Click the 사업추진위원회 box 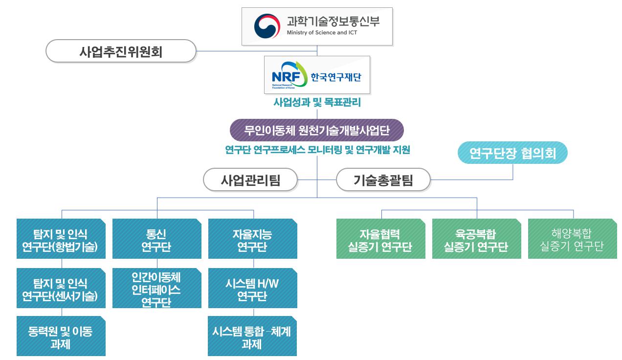121,51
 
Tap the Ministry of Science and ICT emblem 267,26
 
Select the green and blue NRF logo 289,75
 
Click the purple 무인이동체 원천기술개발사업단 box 317,131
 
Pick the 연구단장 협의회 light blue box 512,153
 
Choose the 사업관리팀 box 250,180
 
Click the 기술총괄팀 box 383,180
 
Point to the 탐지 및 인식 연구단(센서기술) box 61,289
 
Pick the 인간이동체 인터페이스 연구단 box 156,289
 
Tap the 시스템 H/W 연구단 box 252,289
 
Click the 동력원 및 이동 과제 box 61,337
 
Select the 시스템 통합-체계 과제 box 252,337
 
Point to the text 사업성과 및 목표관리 317,103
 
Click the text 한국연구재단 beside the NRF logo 335,77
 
